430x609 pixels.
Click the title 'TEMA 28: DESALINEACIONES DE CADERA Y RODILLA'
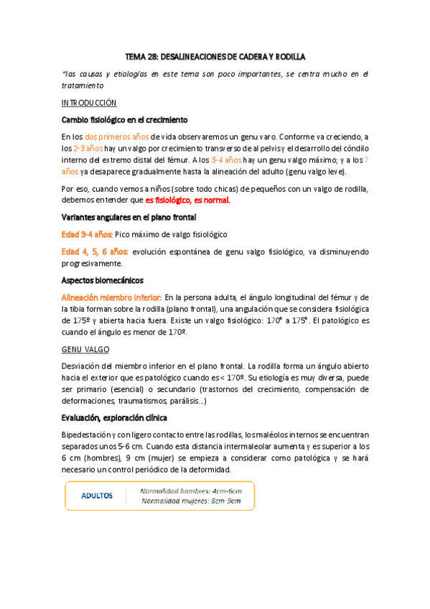click(215, 55)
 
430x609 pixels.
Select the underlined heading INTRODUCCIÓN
click(90, 103)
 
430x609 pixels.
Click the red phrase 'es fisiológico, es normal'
click(187, 200)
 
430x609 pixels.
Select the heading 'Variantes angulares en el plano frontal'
click(130, 217)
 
